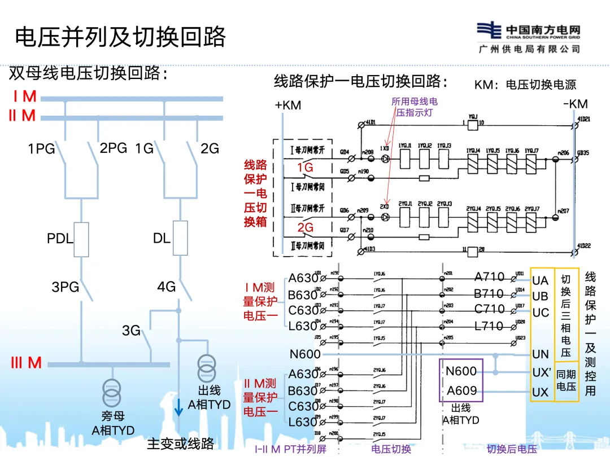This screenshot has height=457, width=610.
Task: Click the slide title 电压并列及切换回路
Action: click(120, 37)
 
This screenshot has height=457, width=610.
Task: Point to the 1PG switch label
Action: click(41, 149)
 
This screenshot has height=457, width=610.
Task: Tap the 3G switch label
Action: click(131, 331)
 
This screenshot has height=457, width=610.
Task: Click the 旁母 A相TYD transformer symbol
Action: click(112, 390)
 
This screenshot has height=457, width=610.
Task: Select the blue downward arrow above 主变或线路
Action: click(178, 408)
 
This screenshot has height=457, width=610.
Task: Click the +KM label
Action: click(287, 105)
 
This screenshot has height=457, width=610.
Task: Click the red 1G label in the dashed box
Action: click(305, 168)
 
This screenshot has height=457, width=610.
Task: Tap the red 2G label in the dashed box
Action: click(305, 227)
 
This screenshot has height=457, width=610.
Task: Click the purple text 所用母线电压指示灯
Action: click(415, 107)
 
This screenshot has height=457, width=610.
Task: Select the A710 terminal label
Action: click(489, 277)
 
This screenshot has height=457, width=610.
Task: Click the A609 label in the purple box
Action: click(461, 390)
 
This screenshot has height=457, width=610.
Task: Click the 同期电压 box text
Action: click(567, 380)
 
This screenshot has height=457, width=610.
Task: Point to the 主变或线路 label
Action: click(180, 443)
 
